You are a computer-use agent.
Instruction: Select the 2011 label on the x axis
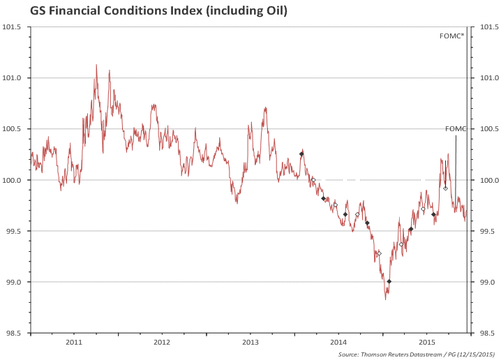coord(74,343)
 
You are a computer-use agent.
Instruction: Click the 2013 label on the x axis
coord(250,343)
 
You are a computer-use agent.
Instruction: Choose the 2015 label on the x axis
coord(428,343)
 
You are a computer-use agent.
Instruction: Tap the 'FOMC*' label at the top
coord(452,35)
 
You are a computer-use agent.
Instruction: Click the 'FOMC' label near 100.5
coord(455,129)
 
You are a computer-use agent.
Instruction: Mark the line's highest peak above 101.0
coord(96,65)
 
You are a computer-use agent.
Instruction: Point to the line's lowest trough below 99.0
coord(385,299)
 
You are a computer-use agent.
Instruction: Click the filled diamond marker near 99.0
coord(389,281)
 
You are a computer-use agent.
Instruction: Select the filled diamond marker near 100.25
coord(301,153)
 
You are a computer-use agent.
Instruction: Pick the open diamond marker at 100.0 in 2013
coord(313,180)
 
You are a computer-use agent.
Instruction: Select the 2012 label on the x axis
coord(162,343)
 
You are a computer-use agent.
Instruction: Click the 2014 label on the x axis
coord(339,343)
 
